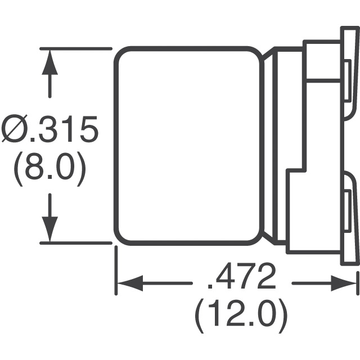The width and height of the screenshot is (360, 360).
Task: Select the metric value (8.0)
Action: [x=49, y=169]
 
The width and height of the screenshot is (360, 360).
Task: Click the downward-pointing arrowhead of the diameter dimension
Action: [x=50, y=229]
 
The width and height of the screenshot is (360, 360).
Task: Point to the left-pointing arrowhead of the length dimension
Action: [x=130, y=283]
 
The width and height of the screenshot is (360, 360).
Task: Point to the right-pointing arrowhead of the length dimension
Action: [x=344, y=283]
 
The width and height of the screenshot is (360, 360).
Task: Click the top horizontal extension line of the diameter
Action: [x=76, y=49]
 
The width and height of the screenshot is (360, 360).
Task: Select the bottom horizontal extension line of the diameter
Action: [x=76, y=243]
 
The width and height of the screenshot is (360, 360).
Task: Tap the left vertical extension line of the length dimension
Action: [x=116, y=271]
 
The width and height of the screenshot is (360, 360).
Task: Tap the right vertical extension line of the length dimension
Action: [x=358, y=283]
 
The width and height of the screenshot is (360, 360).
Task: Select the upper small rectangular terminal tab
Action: [x=348, y=80]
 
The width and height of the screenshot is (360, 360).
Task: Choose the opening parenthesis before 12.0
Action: [x=199, y=316]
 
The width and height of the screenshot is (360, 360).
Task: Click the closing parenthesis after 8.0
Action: [x=81, y=169]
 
